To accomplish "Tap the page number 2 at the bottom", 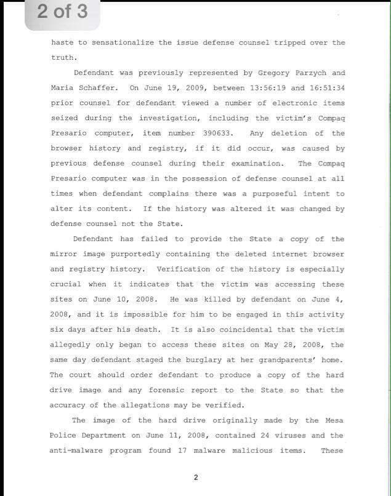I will pos(196,477).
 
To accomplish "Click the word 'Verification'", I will pos(183,270).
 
